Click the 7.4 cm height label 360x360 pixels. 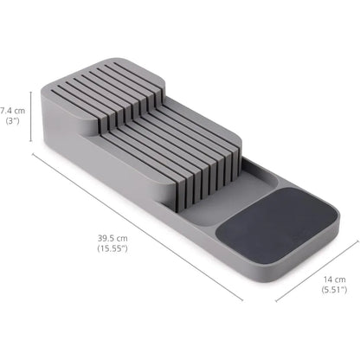pos(13,111)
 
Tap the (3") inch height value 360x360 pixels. pos(13,122)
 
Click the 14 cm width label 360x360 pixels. pos(334,280)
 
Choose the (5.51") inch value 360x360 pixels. pos(334,292)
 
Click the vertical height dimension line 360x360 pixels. pos(33,116)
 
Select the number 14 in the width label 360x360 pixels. pos(328,280)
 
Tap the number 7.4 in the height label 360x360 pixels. pos(7,111)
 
